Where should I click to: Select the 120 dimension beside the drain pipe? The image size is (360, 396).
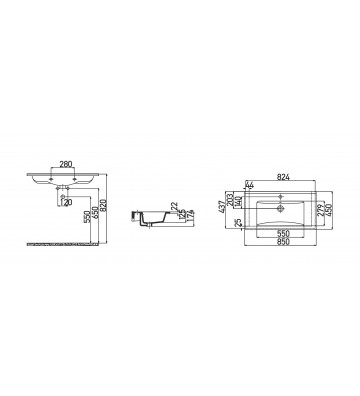click(68, 203)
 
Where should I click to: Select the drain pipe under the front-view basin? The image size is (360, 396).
click(59, 196)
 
